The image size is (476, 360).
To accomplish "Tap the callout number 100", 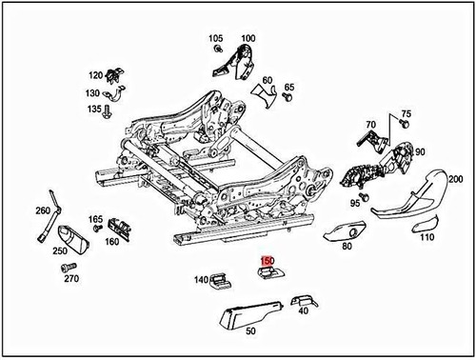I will (x=248, y=39).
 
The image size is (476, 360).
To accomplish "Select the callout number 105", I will (x=216, y=39).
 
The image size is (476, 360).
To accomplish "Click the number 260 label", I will (x=43, y=210).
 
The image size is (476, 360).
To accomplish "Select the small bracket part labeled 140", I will (x=220, y=279).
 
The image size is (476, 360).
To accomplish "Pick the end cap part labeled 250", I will (x=70, y=238).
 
